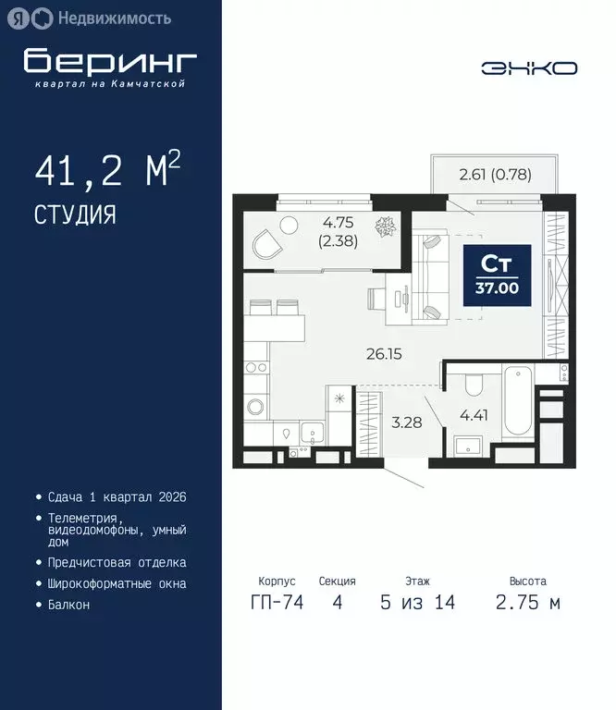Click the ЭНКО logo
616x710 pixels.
pos(529,67)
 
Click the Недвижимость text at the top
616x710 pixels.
pos(114,18)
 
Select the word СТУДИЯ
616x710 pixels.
pos(75,215)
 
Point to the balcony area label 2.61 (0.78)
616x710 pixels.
pos(495,173)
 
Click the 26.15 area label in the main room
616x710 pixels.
pos(382,353)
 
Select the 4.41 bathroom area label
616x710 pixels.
pos(473,415)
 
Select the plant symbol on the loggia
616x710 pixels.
pos(383,226)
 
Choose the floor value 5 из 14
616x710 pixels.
pos(417,603)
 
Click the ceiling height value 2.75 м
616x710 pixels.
pos(528,603)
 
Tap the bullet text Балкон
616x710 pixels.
pos(69,605)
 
